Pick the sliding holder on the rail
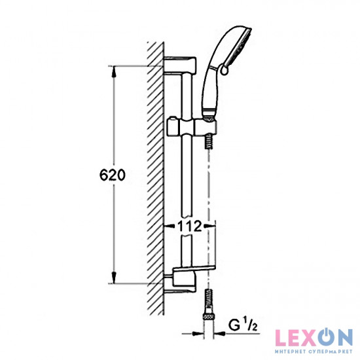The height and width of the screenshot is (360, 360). pos(190,124)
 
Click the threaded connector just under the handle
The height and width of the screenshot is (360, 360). pos(209,141)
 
